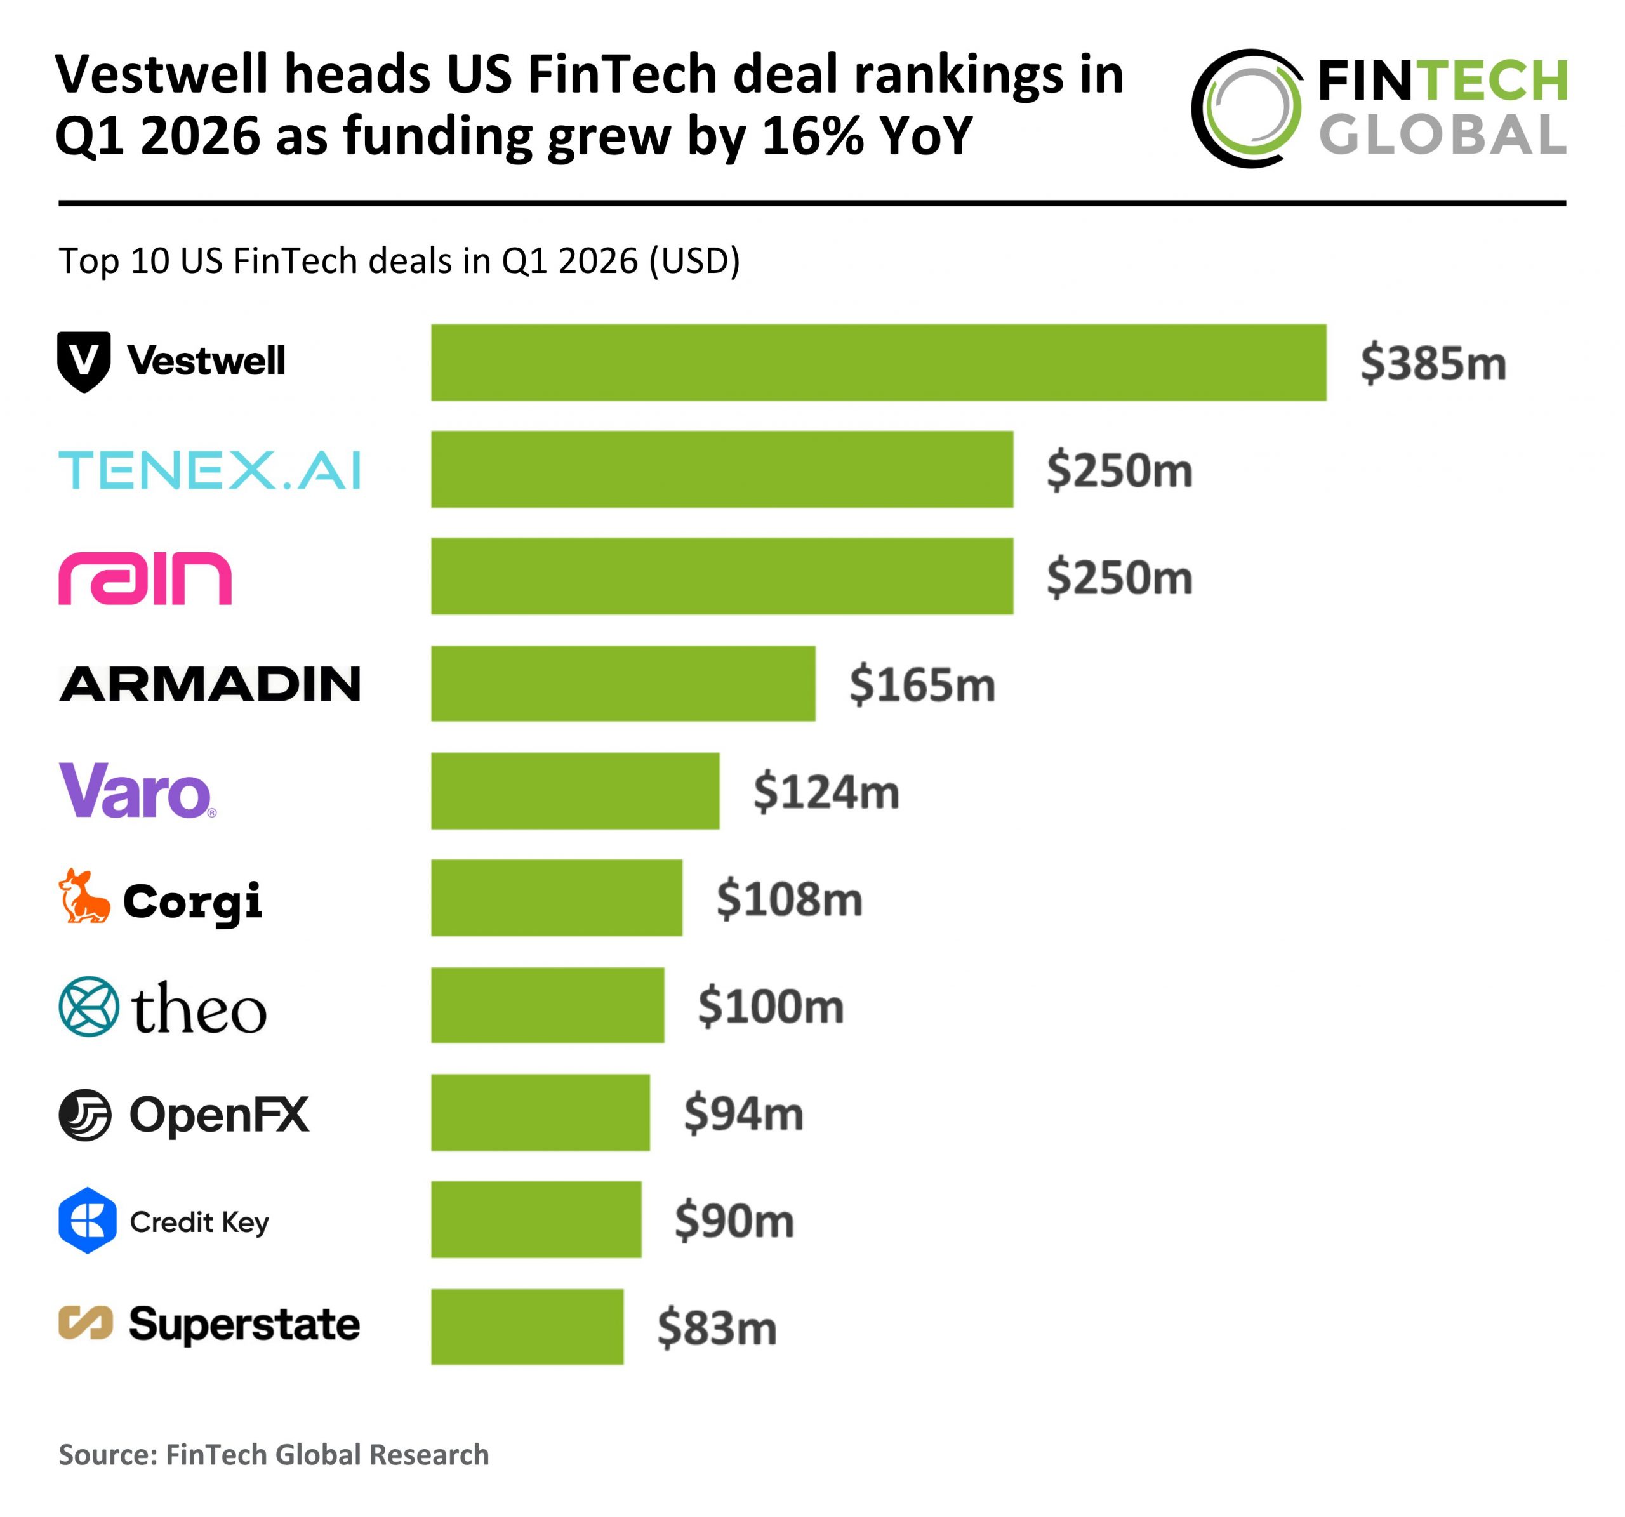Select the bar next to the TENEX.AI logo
tap(722, 469)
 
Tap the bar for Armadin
tap(623, 684)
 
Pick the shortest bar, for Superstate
tap(527, 1326)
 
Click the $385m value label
tap(1432, 363)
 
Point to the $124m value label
tap(826, 792)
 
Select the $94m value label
tap(743, 1113)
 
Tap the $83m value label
tap(717, 1327)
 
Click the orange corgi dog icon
tap(83, 897)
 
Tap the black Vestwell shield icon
tap(83, 361)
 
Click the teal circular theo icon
tap(89, 1005)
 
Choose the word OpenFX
tap(219, 1113)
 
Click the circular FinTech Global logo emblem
tap(1247, 108)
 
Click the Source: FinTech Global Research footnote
tap(274, 1454)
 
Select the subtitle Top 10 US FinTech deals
tap(399, 261)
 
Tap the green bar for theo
tap(548, 1005)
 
